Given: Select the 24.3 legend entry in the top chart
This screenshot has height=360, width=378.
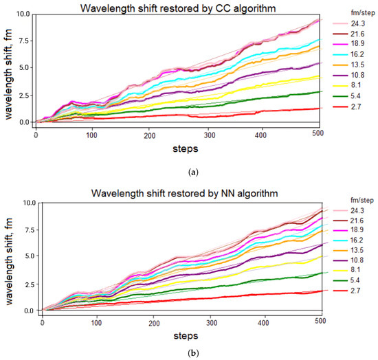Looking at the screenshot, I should pyautogui.click(x=357, y=22).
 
